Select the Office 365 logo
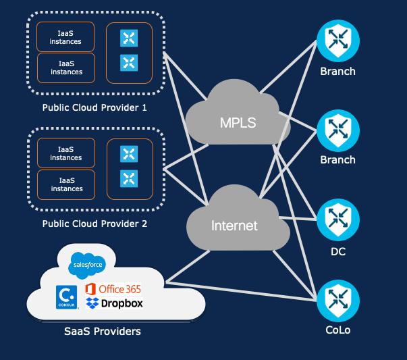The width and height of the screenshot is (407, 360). [113, 289]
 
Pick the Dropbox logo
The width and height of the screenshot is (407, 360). [115, 303]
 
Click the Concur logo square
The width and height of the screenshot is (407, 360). [65, 297]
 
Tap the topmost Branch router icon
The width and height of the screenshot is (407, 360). [337, 41]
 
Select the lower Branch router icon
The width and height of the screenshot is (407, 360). [337, 128]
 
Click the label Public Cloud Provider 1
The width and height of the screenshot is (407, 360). [94, 107]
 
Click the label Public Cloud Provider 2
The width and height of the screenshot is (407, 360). [94, 224]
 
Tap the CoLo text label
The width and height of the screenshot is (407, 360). [337, 330]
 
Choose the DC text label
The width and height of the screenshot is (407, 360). [337, 251]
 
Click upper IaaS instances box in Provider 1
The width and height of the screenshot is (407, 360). [65, 37]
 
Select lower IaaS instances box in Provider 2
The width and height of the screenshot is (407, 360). [65, 184]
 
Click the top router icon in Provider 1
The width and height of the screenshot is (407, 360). [129, 38]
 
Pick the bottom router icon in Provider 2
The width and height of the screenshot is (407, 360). [129, 178]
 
